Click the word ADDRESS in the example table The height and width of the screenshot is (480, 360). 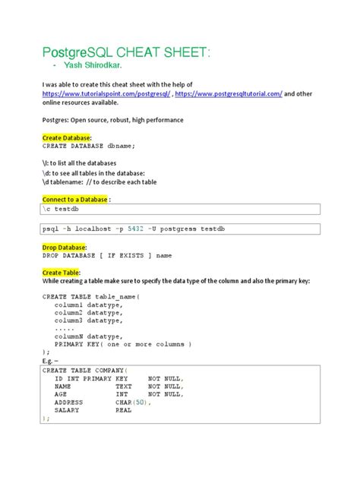pyautogui.click(x=71, y=402)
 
